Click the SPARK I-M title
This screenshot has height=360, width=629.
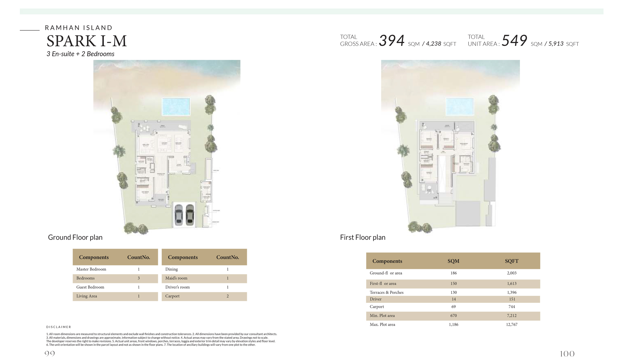click(86, 41)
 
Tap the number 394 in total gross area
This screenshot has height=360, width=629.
click(392, 41)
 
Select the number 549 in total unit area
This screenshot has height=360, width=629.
click(514, 41)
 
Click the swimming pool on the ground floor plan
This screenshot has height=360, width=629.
click(176, 107)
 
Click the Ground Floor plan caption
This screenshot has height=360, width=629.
click(75, 237)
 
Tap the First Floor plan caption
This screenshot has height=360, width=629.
click(363, 237)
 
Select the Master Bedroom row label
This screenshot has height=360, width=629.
click(91, 269)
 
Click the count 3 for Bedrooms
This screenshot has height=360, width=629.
click(139, 278)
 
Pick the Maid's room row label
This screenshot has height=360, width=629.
click(176, 278)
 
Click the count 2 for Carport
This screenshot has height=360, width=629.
click(228, 296)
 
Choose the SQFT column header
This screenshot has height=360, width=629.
click(512, 261)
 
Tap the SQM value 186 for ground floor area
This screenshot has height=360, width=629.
click(454, 273)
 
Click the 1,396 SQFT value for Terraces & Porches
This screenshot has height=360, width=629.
click(512, 292)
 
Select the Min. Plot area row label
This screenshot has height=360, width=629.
click(382, 316)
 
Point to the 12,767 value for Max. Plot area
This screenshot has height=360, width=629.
click(512, 324)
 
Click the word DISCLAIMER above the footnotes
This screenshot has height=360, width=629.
click(59, 327)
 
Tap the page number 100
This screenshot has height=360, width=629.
click(567, 354)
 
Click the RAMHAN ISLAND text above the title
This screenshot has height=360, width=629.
click(79, 28)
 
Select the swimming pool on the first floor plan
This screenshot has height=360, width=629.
click(459, 106)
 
